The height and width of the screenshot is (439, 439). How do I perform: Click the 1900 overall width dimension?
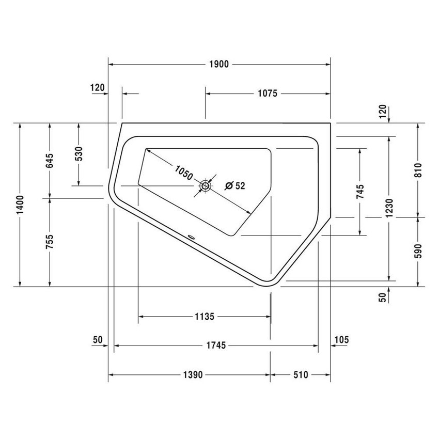click(x=219, y=64)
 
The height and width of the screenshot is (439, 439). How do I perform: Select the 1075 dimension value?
click(x=268, y=93)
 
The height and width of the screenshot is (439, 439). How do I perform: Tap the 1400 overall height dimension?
click(x=20, y=206)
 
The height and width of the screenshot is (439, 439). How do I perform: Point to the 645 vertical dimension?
click(x=50, y=161)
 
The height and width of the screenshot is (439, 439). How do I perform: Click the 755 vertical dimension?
click(x=50, y=242)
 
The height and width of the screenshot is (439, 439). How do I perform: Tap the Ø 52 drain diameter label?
click(x=235, y=186)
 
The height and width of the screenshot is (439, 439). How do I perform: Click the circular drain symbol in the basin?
click(x=205, y=185)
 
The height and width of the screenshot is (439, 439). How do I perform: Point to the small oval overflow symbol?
click(x=192, y=238)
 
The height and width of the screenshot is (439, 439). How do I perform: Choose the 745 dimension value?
click(x=360, y=191)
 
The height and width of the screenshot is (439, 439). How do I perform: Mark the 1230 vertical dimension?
click(x=389, y=208)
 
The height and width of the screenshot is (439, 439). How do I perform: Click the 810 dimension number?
click(x=418, y=170)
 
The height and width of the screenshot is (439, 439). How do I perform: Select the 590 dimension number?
click(x=418, y=251)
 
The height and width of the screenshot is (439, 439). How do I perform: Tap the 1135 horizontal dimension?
click(x=204, y=316)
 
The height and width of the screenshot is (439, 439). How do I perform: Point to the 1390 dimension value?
click(x=191, y=375)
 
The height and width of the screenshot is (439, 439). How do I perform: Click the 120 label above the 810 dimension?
click(x=383, y=111)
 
